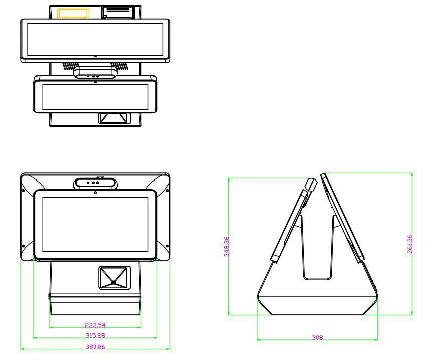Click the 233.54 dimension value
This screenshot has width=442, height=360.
point(95,325)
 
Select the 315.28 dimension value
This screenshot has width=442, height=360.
point(95,336)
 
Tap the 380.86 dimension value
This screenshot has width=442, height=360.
point(95,347)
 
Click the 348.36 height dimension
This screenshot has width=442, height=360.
point(227,246)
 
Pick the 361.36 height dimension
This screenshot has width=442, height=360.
point(410,244)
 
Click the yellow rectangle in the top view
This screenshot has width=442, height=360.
point(73,13)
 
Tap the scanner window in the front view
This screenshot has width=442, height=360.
point(114,278)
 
